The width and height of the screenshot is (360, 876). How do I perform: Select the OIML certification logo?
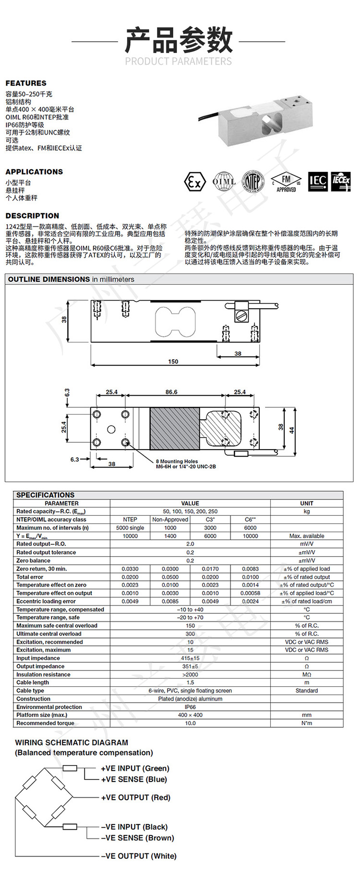pyautogui.click(x=224, y=182)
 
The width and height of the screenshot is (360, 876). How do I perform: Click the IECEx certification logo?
pyautogui.click(x=341, y=182)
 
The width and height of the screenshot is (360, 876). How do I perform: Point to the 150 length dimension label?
pyautogui.click(x=173, y=362)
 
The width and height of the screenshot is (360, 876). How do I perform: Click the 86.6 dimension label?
pyautogui.click(x=171, y=392)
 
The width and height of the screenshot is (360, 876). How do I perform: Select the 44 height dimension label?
pyautogui.click(x=291, y=430)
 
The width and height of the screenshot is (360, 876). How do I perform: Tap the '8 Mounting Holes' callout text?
pyautogui.click(x=177, y=461)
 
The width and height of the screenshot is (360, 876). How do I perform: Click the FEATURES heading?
pyautogui.click(x=26, y=83)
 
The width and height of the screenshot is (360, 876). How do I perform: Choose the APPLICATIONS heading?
pyautogui.click(x=34, y=172)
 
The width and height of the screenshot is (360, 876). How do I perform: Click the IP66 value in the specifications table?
pyautogui.click(x=190, y=707)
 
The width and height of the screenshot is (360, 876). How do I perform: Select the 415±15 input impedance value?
pyautogui.click(x=190, y=658)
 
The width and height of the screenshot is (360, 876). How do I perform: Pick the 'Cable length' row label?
pyautogui.click(x=33, y=682)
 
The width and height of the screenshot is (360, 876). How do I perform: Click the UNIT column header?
pyautogui.click(x=306, y=503)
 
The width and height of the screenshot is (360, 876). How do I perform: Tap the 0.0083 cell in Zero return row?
pyautogui.click(x=250, y=569)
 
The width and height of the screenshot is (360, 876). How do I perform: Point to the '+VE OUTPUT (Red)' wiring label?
pyautogui.click(x=135, y=797)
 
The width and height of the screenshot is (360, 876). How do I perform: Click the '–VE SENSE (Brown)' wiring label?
pyautogui.click(x=137, y=838)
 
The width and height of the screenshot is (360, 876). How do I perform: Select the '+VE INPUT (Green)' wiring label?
pyautogui.click(x=135, y=768)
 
